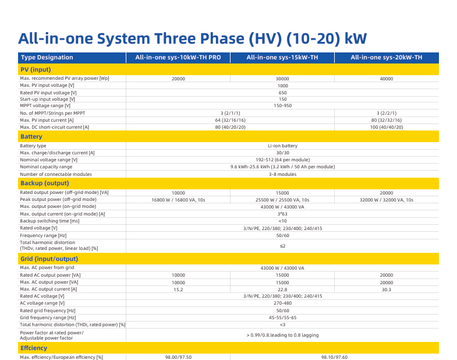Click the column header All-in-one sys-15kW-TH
282,58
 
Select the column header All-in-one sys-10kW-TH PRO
178,58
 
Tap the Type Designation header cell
47,58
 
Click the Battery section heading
31,136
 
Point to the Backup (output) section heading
45,183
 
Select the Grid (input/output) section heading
49,259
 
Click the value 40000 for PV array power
387,79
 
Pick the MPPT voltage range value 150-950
282,105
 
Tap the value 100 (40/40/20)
387,127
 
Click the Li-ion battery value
283,146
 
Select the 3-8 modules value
283,174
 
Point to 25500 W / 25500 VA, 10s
282,200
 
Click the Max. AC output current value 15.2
178,290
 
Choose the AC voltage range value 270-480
282,303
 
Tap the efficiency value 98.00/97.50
178,357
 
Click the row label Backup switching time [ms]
49,221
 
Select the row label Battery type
33,146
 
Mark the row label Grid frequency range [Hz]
48,317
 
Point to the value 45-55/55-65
282,317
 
